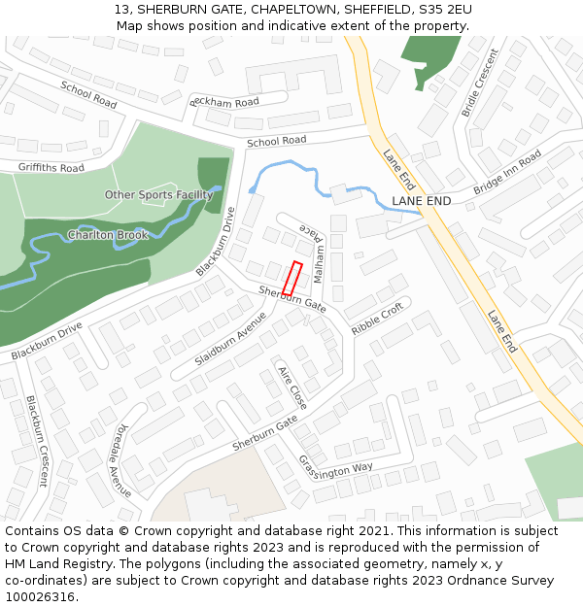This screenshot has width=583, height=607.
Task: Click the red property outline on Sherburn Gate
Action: point(292,279)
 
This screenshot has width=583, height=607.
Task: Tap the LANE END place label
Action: point(421,201)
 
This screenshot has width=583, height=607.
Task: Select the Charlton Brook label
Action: point(107,235)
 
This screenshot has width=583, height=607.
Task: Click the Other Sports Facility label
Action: point(158,195)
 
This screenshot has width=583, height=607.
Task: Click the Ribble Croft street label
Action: point(377,319)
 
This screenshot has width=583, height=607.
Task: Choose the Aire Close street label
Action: point(292,388)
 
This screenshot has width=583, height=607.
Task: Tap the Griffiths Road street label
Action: point(51,167)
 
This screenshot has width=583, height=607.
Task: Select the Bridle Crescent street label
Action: point(479,83)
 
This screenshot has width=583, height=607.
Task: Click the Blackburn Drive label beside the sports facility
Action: point(216,242)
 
